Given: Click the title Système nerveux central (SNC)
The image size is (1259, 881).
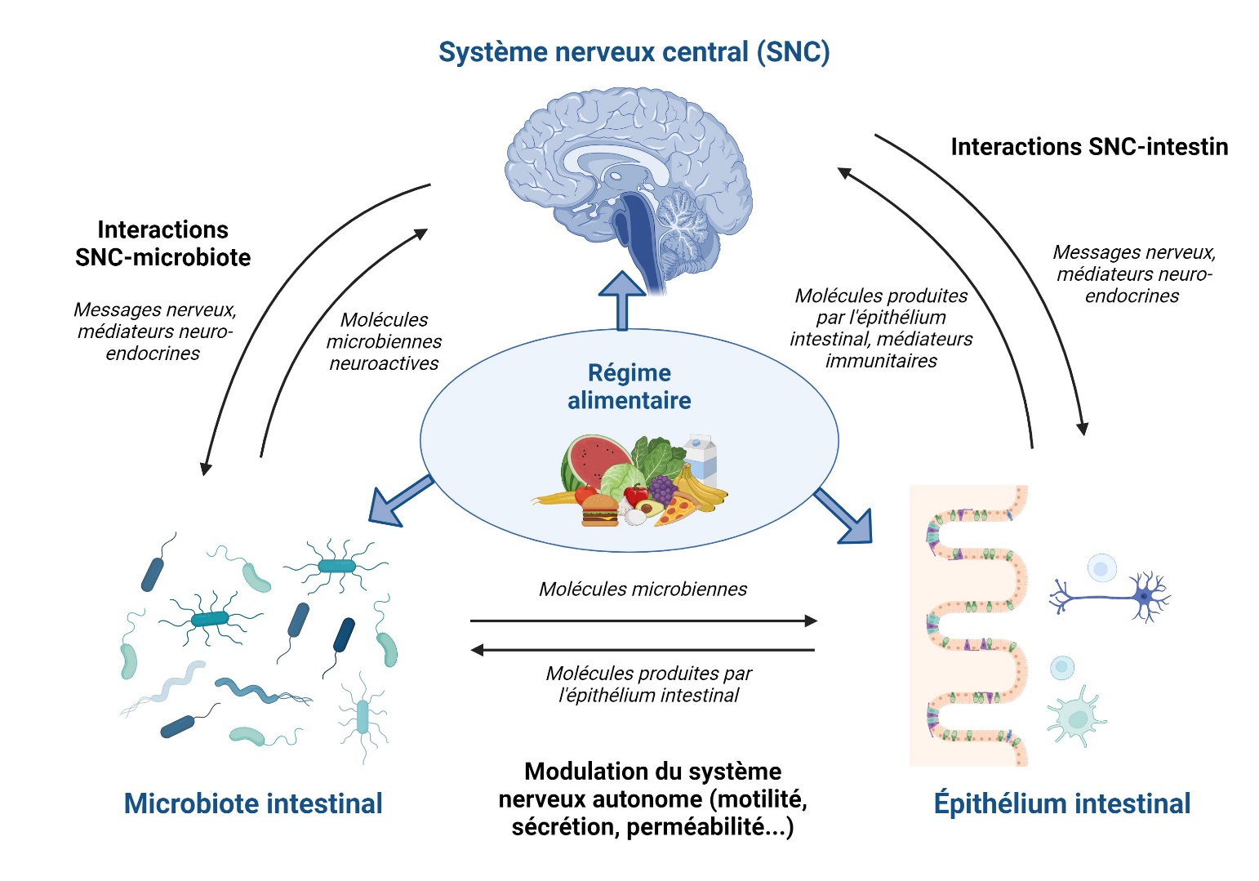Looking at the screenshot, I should [x=634, y=52].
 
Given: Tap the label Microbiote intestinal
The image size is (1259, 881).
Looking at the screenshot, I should [x=253, y=803].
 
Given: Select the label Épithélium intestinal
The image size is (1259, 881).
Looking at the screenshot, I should [x=1061, y=803].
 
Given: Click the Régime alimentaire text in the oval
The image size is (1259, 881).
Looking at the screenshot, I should [x=629, y=387].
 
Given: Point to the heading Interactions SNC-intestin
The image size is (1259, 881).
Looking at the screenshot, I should [x=1089, y=147].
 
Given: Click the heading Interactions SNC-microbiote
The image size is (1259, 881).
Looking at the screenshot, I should [x=163, y=243].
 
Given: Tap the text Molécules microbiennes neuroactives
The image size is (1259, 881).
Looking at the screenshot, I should [x=384, y=341].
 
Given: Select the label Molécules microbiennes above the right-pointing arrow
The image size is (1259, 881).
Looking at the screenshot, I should [x=643, y=589].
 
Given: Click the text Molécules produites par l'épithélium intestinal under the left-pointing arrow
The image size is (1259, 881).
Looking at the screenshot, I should [x=648, y=684].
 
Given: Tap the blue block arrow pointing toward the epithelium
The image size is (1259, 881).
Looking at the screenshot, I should [x=846, y=516].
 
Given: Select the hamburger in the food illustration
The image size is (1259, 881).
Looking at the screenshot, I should [x=600, y=510].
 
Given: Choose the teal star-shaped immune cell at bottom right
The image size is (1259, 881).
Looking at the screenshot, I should [x=1076, y=716].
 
